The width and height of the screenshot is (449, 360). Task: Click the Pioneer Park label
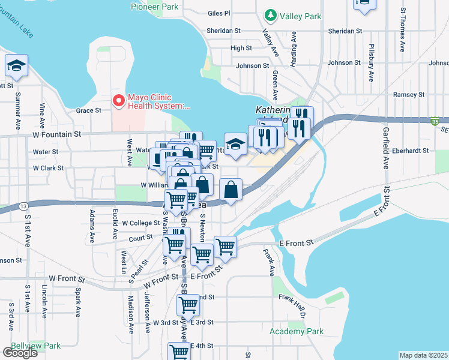pyautogui.click(x=154, y=7)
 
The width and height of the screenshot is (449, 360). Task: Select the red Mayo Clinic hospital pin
pyautogui.click(x=119, y=101)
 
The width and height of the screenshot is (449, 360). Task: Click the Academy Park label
pyautogui.click(x=297, y=331)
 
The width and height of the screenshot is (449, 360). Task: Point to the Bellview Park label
pyautogui.click(x=35, y=346)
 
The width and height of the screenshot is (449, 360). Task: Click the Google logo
pyautogui.click(x=20, y=353)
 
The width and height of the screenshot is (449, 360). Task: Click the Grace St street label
pyautogui.click(x=88, y=110)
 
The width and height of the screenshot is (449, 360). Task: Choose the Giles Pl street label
pyautogui.click(x=218, y=13)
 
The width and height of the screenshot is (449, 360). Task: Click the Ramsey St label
pyautogui.click(x=408, y=95)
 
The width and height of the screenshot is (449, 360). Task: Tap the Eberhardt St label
pyautogui.click(x=409, y=151)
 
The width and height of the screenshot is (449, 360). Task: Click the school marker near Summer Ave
pyautogui.click(x=16, y=67)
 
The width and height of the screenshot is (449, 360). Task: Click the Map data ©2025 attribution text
pyautogui.click(x=423, y=355)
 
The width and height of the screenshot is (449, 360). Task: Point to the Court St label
pyautogui.click(x=141, y=237)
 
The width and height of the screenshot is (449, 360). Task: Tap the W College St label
pyautogui.click(x=140, y=223)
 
